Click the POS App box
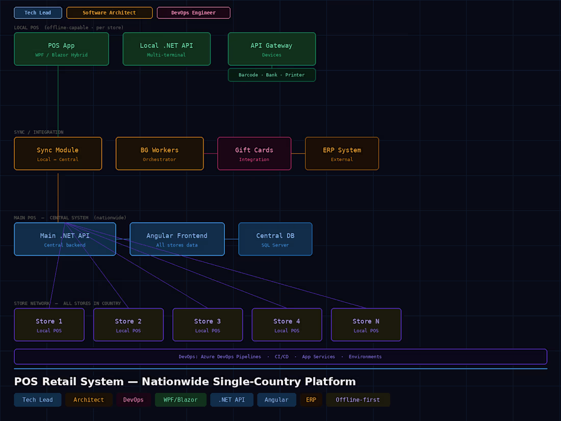pos(61,49)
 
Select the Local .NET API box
pos(166,49)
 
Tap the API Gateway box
pos(271,49)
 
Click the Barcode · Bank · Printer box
pos(271,75)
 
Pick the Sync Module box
pos(58,154)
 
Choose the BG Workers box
pos(160,154)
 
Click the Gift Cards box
pos(254,154)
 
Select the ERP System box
pos(342,154)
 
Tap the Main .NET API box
pos(65,239)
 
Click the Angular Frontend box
pos(177,239)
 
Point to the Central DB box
pos(275,239)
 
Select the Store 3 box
pos(208,325)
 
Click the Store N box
pos(366,325)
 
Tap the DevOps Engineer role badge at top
pos(194,13)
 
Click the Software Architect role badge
pos(110,13)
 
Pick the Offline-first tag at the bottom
pos(358,400)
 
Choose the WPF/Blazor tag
pos(181,400)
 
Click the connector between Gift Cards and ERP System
pos(298,154)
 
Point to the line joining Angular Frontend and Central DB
pos(232,239)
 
